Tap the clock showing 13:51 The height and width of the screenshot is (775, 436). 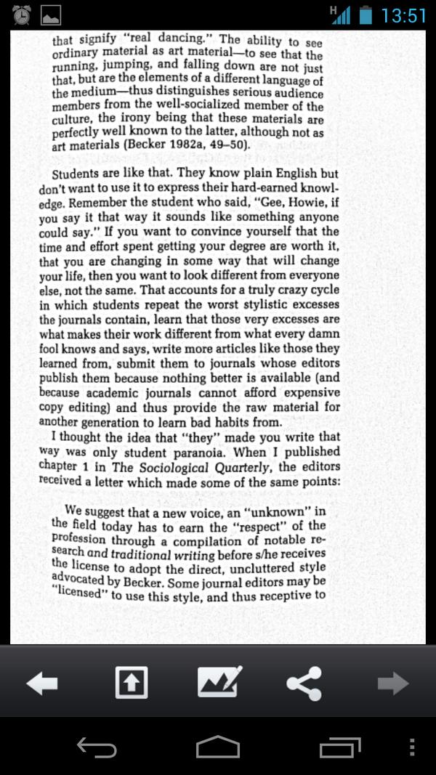click(403, 15)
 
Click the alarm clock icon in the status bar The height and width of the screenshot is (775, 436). click(23, 14)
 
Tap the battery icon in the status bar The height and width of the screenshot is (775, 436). click(366, 15)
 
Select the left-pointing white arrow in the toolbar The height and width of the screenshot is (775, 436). click(42, 683)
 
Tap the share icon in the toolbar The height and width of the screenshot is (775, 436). click(304, 683)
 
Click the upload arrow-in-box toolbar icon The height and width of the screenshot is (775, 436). click(131, 683)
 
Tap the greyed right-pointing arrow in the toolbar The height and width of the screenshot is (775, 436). click(393, 683)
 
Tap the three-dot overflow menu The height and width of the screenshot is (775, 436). click(412, 747)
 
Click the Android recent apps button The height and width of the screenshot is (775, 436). click(340, 747)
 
